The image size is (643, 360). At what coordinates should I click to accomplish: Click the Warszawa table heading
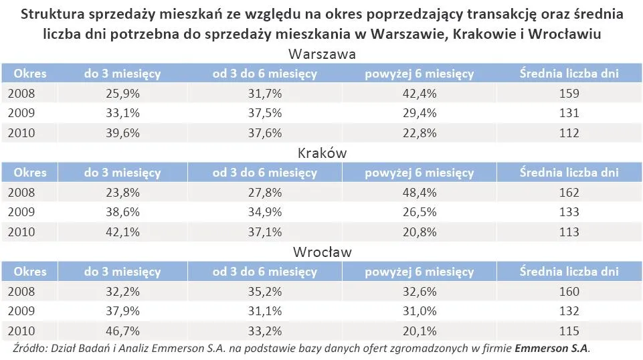321,54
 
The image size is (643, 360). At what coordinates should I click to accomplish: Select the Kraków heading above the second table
321,153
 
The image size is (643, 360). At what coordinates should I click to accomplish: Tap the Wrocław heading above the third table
321,252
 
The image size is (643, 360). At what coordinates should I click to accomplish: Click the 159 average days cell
569,94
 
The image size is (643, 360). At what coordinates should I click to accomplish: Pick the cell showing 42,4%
419,94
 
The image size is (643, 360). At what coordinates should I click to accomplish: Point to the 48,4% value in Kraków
419,193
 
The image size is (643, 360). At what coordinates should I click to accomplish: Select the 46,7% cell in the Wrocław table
122,331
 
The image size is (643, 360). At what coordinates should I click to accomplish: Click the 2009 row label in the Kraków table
21,212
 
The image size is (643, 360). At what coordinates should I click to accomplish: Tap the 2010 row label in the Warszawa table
21,133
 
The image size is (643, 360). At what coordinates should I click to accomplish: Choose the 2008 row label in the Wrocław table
21,292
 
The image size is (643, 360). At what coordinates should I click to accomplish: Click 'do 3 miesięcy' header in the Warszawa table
122,74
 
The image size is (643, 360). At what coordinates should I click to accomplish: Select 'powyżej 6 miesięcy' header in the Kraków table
419,173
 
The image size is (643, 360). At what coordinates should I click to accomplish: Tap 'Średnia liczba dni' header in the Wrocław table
569,272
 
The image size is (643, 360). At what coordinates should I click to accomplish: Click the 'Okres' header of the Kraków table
30,173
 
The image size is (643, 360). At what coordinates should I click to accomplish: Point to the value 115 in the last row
569,331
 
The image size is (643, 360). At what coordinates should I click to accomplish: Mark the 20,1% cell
419,331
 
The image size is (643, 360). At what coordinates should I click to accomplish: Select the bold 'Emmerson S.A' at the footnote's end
551,349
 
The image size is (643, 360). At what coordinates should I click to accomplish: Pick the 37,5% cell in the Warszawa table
265,114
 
